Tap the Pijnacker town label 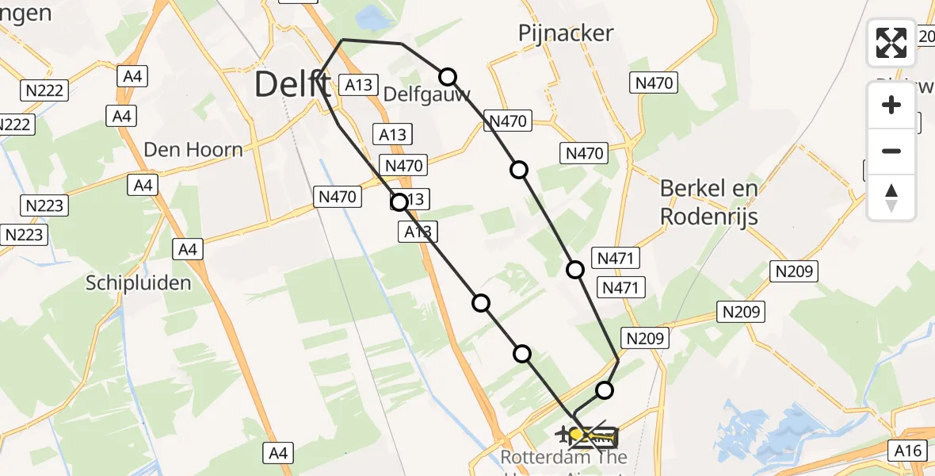coord(566,33)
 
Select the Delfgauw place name coord(426,94)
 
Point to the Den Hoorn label coord(193,149)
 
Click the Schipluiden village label coord(138,283)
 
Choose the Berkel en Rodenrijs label coord(709,202)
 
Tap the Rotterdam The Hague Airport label coord(563,458)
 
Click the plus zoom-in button coord(891,105)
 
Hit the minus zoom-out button coord(891,151)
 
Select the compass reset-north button coord(891,197)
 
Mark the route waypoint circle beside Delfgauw coord(448,76)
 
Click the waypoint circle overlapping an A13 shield coord(399,202)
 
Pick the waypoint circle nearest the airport coord(605,390)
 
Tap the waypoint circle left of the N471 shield coord(575,270)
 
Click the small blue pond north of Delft coord(368,15)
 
